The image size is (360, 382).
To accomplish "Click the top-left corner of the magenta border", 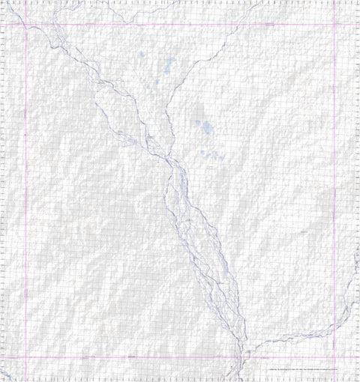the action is pos(26,25).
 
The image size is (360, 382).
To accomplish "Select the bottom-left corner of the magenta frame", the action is pos(26,358).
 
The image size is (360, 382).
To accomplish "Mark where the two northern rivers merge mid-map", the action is pos(170,160).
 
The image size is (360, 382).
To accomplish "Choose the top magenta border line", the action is pos(112,25).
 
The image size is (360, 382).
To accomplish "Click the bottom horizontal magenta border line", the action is pos(112,358).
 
